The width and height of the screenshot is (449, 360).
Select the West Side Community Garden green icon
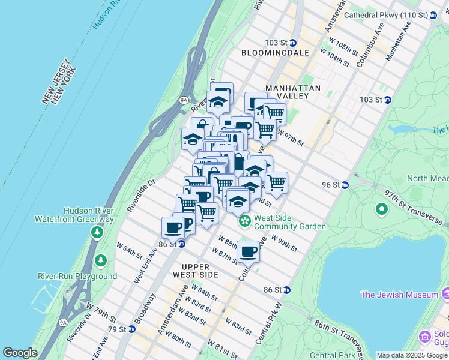(244, 222)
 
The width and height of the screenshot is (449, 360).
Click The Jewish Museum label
(399, 295)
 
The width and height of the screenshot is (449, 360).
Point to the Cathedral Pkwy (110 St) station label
(388, 14)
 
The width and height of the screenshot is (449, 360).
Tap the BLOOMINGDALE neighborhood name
(275, 53)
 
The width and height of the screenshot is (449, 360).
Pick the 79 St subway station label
(118, 329)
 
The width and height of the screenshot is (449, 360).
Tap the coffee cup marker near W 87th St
(248, 251)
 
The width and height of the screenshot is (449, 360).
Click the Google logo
(20, 353)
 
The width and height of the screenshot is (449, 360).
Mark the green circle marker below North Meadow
(381, 210)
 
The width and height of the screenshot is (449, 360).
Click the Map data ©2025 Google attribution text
(411, 355)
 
